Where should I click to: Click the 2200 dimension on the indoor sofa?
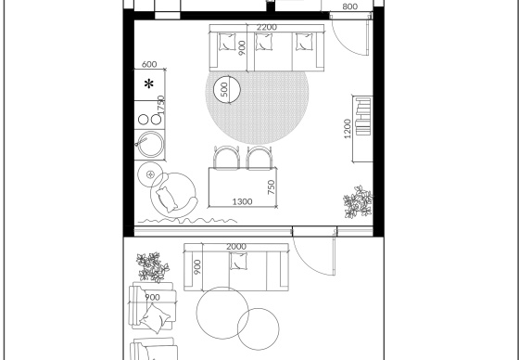click(267, 27)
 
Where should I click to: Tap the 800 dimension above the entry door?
click(350, 6)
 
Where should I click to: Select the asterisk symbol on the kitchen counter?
click(149, 84)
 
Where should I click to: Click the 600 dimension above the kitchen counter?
click(149, 64)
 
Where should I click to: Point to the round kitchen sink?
click(150, 144)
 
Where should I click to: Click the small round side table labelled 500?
click(227, 89)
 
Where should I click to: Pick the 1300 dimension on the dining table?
click(242, 201)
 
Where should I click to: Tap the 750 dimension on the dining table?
click(271, 187)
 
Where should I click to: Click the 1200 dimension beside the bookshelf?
click(348, 129)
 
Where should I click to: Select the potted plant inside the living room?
click(358, 202)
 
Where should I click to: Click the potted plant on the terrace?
click(153, 267)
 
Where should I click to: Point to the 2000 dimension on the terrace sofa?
click(236, 247)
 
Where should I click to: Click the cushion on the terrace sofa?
click(238, 261)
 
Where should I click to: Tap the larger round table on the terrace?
click(222, 313)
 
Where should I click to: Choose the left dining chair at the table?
click(226, 158)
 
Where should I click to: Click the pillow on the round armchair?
click(167, 199)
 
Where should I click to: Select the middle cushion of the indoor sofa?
click(264, 42)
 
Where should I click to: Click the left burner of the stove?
click(143, 120)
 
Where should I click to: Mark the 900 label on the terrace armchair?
click(152, 297)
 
